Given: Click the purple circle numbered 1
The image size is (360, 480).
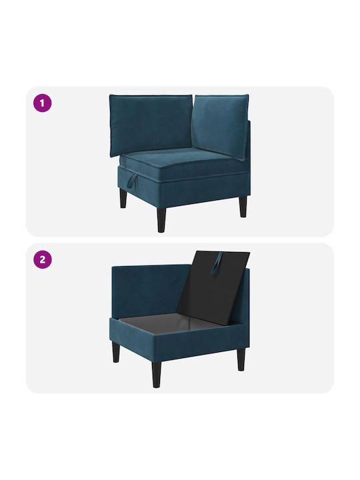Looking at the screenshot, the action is [x=42, y=103].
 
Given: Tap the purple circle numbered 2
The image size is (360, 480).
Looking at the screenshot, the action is [x=42, y=259].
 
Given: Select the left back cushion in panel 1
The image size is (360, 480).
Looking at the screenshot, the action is [x=151, y=123].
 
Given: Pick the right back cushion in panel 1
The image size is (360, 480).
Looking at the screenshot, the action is [x=221, y=125].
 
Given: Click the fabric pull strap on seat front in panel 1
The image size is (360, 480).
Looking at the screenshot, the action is [x=131, y=179].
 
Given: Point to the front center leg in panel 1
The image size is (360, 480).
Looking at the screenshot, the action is [x=161, y=220].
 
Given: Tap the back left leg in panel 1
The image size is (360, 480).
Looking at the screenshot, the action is [x=123, y=198].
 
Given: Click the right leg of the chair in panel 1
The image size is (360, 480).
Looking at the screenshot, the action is [x=243, y=206].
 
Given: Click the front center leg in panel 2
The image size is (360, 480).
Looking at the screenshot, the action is [x=157, y=375].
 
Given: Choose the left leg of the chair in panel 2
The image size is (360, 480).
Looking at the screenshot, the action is [x=116, y=352].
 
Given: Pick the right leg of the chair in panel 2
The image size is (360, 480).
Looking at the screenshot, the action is [x=241, y=359].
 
